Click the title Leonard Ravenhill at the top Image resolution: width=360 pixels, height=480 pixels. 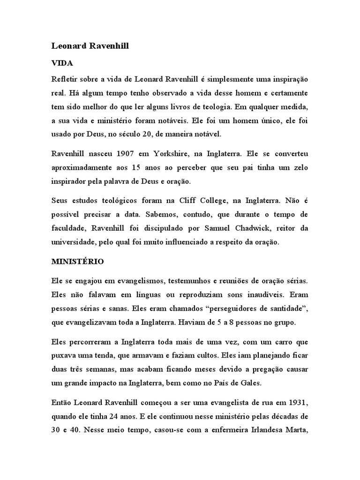tap(90, 46)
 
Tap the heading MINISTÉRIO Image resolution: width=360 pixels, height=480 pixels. tap(78, 262)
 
